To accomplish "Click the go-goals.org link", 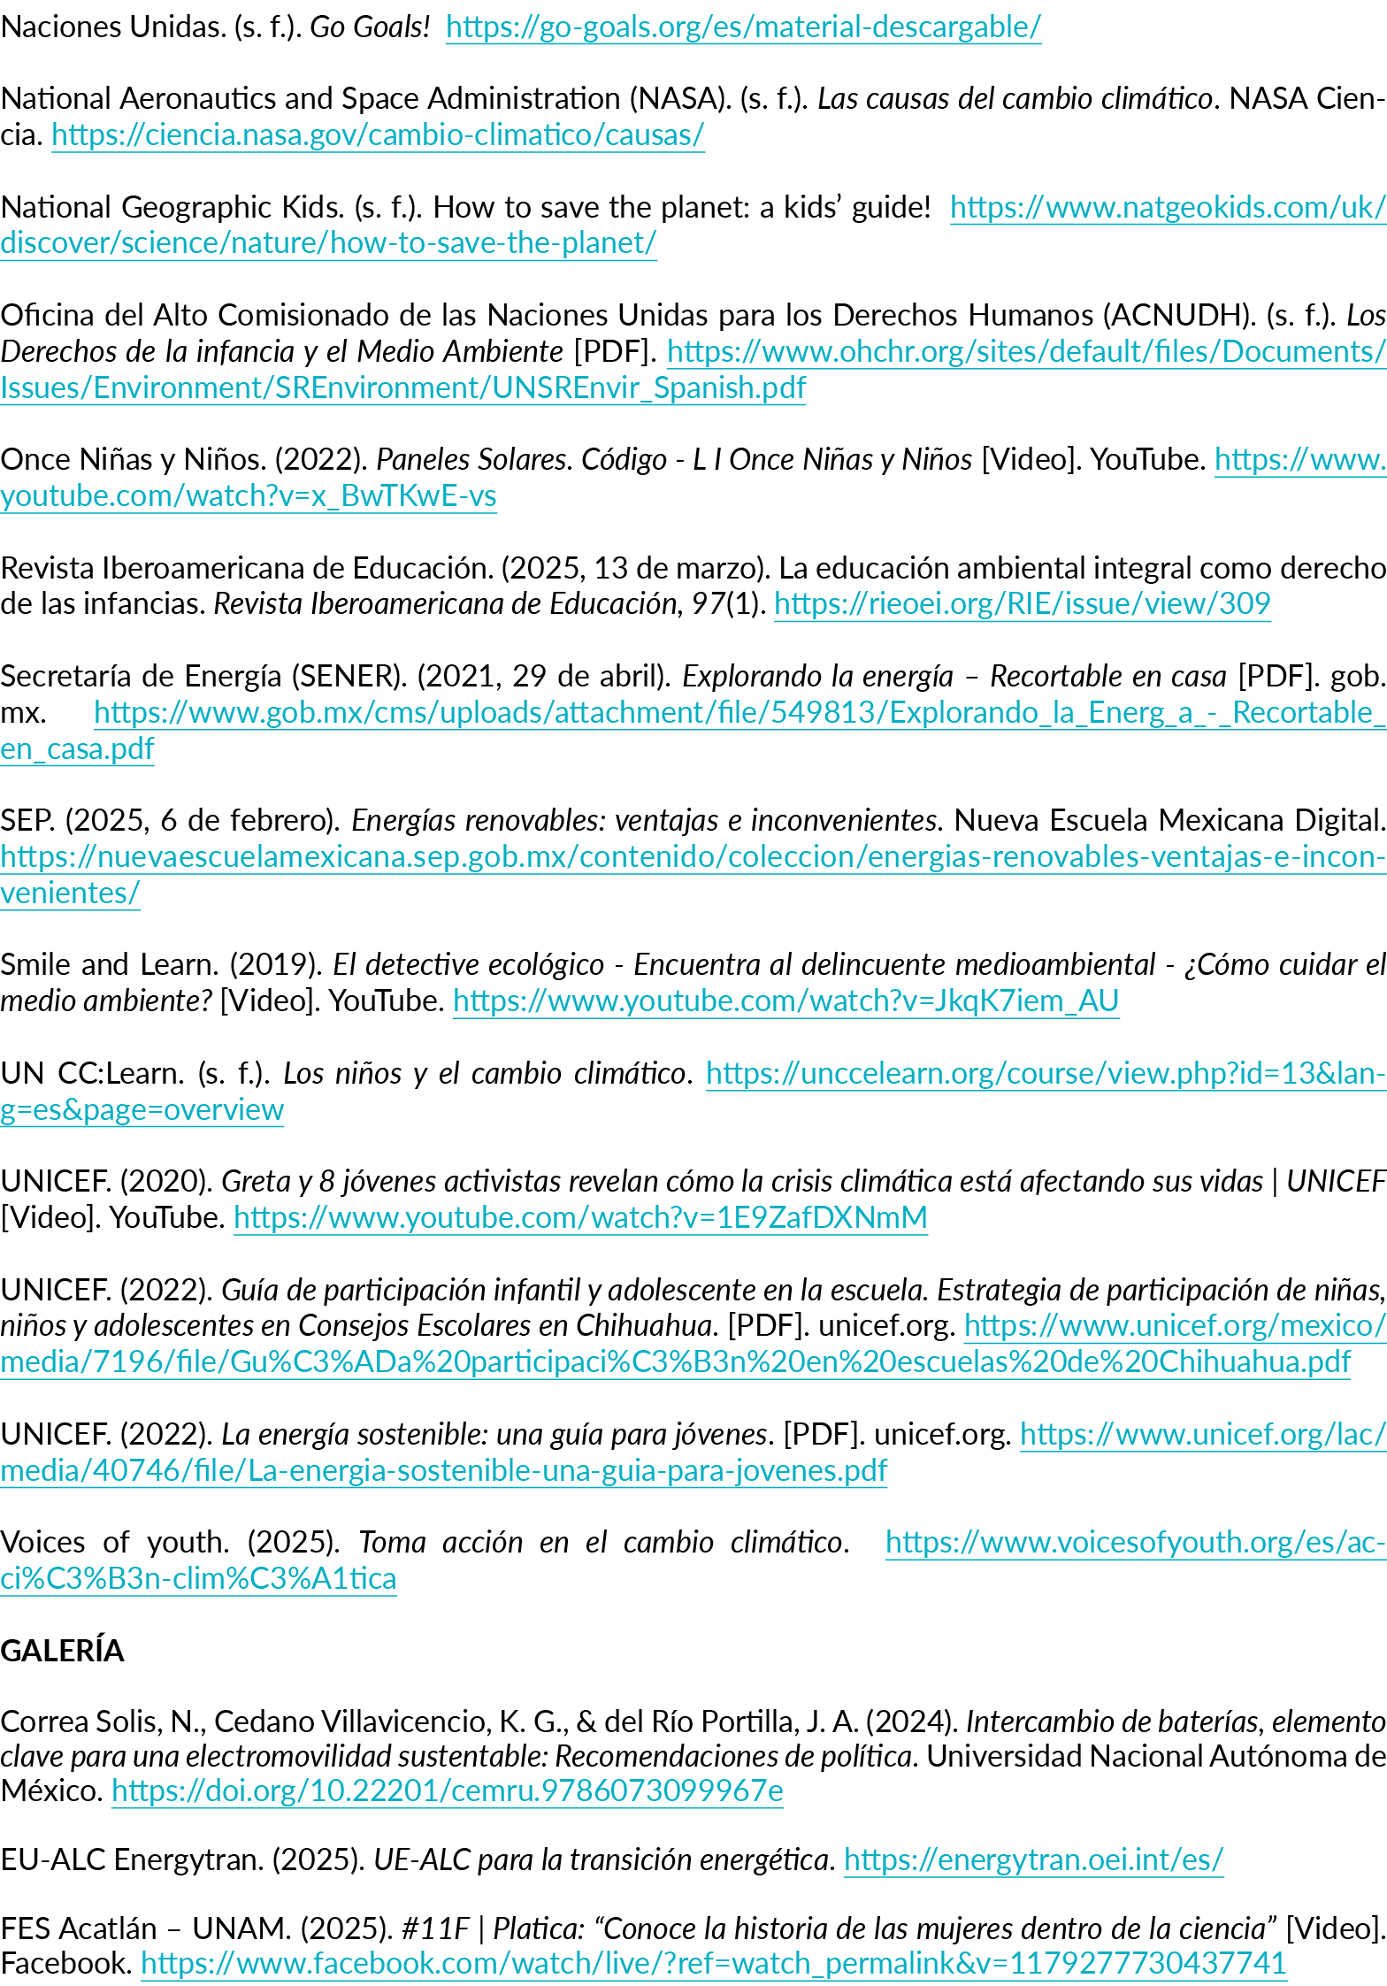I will (743, 27).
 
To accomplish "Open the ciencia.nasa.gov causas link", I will (378, 135).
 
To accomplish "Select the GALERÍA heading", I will (63, 1651).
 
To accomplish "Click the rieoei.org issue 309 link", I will (1022, 603).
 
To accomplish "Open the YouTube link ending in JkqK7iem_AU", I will (785, 1001).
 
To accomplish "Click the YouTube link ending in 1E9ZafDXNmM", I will (580, 1217).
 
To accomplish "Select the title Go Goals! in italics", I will (369, 27).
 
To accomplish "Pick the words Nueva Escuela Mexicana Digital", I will (1169, 820).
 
